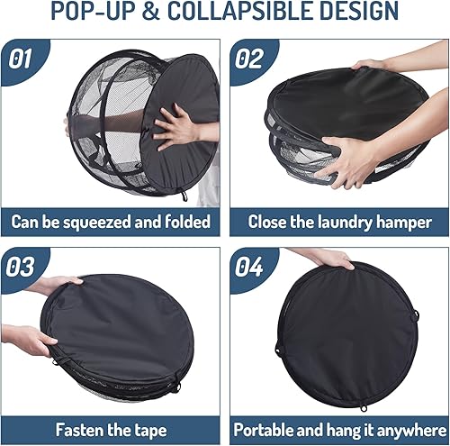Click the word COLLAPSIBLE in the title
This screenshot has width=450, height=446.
coord(237,13)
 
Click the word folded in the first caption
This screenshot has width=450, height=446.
coord(185,221)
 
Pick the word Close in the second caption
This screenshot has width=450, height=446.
coord(269,221)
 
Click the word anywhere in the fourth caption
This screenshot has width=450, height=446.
coord(404,430)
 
